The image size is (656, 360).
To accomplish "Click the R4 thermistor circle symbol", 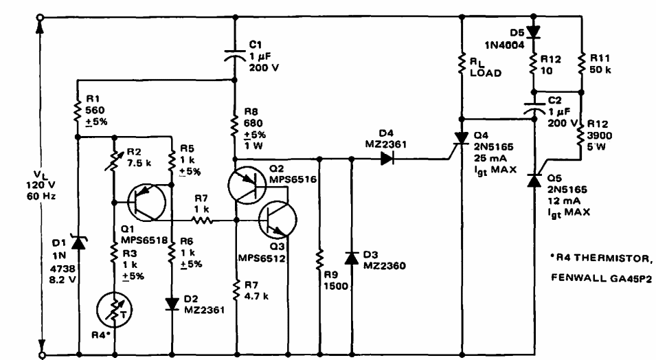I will [x=113, y=309].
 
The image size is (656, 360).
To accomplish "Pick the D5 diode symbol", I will [x=534, y=31].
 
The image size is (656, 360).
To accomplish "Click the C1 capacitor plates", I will [x=235, y=54].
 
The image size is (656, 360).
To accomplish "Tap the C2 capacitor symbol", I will [x=534, y=107].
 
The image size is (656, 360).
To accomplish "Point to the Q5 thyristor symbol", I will [x=534, y=181].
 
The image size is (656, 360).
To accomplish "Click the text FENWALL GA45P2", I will [x=602, y=278].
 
